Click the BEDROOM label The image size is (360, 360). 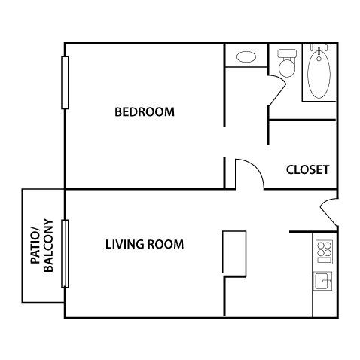pyautogui.click(x=144, y=113)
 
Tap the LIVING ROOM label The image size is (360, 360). pyautogui.click(x=145, y=245)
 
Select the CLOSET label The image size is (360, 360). pyautogui.click(x=307, y=169)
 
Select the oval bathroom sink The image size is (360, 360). pyautogui.click(x=246, y=56)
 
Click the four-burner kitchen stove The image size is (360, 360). pyautogui.click(x=324, y=250)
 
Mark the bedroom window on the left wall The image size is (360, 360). pyautogui.click(x=66, y=83)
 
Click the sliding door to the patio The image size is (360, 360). pyautogui.click(x=66, y=253)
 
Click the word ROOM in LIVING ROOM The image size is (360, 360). pyautogui.click(x=166, y=245)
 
